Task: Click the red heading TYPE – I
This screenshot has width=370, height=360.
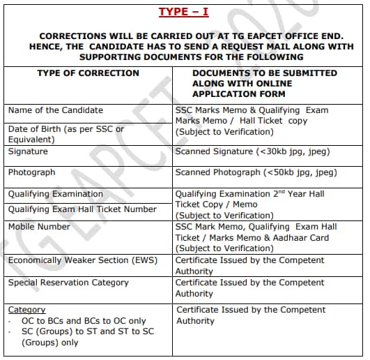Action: coord(184,12)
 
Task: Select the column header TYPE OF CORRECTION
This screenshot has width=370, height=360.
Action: coord(88,73)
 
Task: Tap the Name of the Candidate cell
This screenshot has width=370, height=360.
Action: coord(55,110)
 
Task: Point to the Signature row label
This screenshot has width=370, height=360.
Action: coord(28,151)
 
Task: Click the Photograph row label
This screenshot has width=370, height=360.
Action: coord(31,172)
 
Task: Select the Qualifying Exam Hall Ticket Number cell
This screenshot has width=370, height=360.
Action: coord(82,209)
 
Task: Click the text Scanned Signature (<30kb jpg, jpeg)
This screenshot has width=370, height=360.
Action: coord(252,151)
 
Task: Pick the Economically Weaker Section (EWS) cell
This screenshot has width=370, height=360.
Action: coord(77,260)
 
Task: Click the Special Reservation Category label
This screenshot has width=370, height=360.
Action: coord(68,283)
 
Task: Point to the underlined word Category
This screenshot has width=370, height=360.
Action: coord(26,309)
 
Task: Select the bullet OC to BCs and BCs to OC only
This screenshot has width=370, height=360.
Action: coord(84,320)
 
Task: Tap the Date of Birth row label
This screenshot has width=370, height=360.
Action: coord(65,129)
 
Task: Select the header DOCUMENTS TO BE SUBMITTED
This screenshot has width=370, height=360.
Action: coord(264,73)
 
